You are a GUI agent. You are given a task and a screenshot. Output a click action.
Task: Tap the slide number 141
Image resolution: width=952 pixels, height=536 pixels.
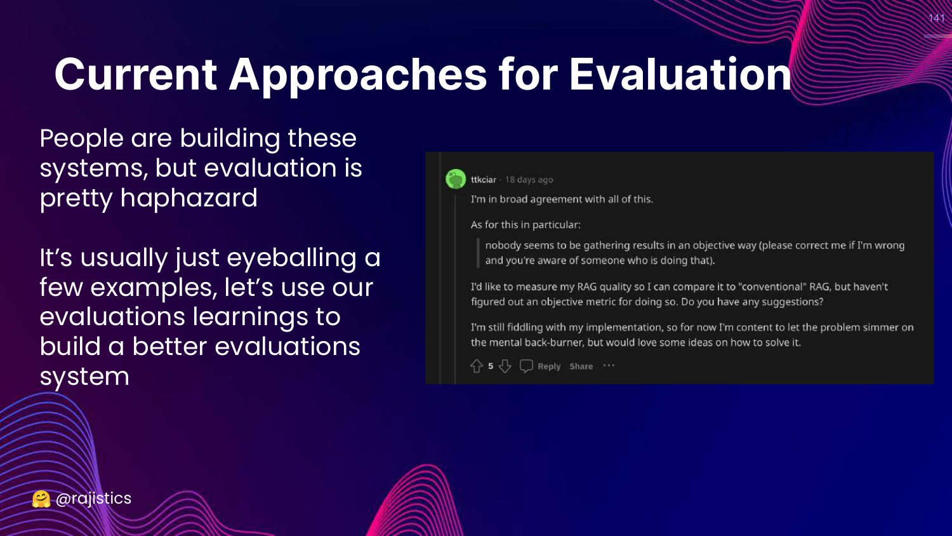point(936,18)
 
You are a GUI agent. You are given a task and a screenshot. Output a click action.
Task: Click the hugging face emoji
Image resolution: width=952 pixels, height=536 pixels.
point(41,499)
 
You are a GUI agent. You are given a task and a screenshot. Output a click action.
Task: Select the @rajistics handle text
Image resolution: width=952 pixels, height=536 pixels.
point(93,499)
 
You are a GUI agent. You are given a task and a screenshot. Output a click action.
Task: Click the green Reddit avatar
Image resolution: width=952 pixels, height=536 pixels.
point(456,179)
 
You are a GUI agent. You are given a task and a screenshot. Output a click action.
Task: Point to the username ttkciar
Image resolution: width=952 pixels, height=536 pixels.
point(483,180)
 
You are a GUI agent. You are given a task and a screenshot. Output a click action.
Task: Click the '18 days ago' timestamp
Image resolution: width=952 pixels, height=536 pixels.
point(529,180)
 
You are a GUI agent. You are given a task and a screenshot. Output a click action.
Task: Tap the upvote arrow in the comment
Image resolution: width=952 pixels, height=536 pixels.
point(477,366)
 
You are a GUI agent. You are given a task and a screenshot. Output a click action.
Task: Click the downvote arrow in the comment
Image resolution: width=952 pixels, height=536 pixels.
point(505,366)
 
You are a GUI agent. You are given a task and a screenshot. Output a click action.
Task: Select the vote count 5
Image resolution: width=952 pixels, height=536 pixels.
point(491,366)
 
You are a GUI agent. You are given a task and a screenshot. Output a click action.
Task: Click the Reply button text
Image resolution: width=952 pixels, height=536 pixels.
point(549,366)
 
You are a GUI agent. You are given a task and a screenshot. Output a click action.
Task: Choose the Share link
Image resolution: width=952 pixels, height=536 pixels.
point(581,366)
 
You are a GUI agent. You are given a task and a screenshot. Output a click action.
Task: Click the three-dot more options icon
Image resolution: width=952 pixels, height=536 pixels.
point(609,365)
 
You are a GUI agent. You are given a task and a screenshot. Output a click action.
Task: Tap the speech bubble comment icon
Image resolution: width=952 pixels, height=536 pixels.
point(526,366)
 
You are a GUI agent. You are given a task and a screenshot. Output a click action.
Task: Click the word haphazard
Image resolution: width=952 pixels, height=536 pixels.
point(189,198)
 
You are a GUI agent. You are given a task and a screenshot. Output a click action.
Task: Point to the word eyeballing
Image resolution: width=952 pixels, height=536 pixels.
point(291,258)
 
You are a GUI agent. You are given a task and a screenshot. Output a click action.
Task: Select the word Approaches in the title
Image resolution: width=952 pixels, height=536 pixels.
point(357,76)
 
